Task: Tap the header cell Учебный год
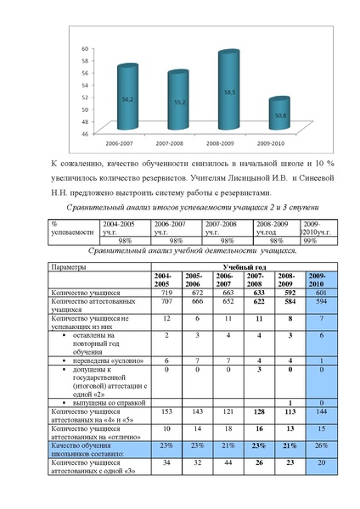[245, 267]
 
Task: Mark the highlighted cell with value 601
[314, 293]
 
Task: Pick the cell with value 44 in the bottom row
[224, 462]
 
